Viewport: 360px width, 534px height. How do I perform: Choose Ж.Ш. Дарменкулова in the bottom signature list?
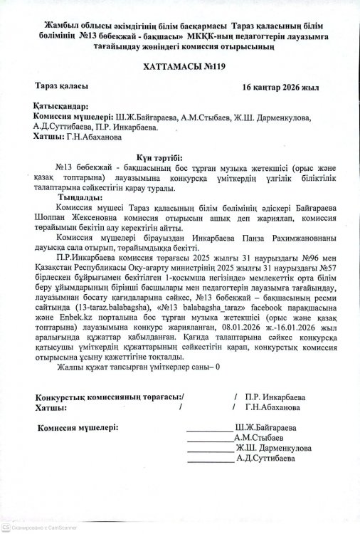coord(273,449)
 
